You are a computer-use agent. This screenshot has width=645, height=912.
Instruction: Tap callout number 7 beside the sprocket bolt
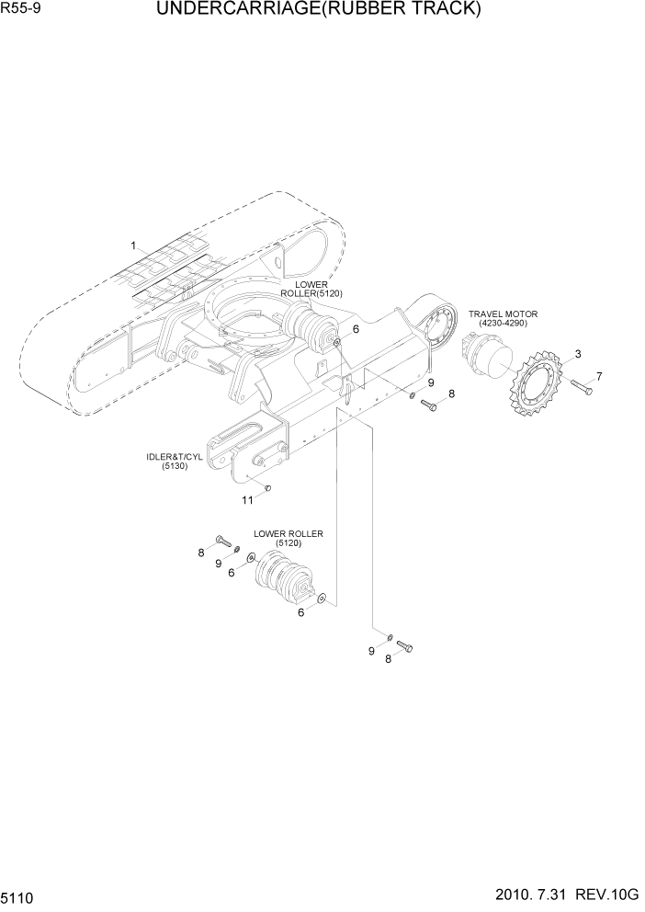[x=599, y=376]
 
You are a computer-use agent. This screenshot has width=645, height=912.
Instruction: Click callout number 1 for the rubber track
[x=133, y=245]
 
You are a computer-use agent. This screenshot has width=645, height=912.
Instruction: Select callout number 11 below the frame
[x=247, y=500]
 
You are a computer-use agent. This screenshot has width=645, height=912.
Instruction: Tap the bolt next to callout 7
[x=581, y=388]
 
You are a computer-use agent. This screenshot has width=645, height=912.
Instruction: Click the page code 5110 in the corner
[x=18, y=895]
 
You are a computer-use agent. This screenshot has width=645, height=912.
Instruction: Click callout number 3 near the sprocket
[x=577, y=354]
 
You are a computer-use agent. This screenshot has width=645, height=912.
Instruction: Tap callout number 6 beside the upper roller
[x=355, y=328]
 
